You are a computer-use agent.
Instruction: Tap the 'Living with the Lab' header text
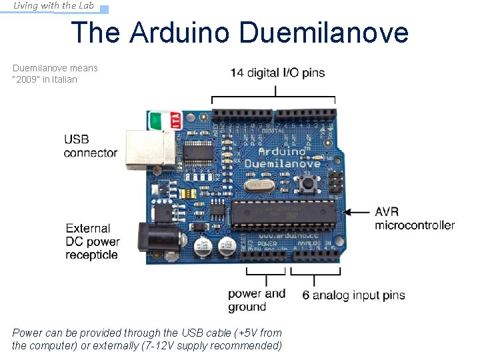tap(53, 6)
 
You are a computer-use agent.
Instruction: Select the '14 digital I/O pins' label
tap(277, 73)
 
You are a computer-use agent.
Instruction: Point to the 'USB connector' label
tap(90, 146)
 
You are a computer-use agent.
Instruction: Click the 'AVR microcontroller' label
tap(414, 219)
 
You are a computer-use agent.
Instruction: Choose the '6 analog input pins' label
tap(353, 295)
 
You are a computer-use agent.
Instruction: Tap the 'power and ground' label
tap(256, 300)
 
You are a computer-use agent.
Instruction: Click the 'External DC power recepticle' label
tap(93, 241)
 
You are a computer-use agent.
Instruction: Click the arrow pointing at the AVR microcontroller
tap(359, 213)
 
